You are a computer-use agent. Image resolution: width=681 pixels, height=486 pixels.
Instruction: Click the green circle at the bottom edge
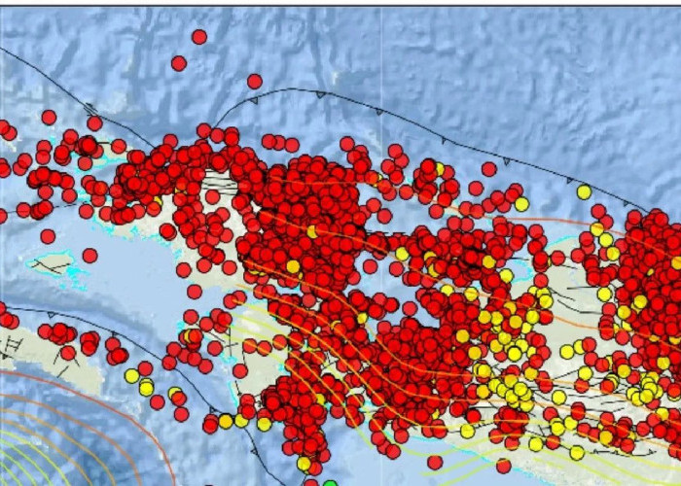[331, 483]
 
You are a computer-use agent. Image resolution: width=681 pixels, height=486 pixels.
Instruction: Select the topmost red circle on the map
[199, 37]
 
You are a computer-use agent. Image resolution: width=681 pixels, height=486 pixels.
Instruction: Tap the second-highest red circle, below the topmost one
[179, 63]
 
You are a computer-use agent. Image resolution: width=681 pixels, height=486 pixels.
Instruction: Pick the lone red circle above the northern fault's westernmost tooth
[255, 82]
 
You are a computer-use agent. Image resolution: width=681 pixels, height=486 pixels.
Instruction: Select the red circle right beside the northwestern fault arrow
[94, 123]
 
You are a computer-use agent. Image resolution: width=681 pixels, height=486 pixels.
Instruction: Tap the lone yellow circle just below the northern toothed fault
[584, 192]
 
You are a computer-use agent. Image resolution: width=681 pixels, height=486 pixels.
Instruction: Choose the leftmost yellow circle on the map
[131, 375]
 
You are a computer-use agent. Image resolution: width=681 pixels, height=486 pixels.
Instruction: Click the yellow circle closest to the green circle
[305, 464]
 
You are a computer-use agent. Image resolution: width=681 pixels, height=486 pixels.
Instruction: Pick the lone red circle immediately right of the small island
[90, 256]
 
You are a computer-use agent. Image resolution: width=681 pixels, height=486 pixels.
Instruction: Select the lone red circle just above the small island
[48, 236]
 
